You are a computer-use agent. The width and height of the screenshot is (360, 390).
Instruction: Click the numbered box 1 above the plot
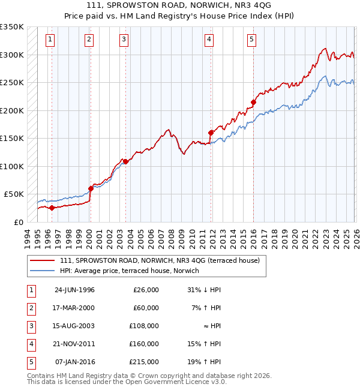(49, 40)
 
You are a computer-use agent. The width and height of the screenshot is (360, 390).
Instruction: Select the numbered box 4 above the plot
(209, 40)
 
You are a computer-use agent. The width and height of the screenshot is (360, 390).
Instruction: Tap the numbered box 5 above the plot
(251, 40)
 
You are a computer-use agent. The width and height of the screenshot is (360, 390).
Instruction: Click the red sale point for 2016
(253, 103)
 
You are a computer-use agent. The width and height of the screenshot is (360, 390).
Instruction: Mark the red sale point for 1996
(52, 208)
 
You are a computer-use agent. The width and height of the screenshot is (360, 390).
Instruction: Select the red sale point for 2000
(91, 188)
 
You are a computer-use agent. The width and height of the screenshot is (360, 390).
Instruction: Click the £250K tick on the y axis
(12, 83)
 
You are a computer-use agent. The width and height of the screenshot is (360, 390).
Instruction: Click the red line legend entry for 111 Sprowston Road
(159, 260)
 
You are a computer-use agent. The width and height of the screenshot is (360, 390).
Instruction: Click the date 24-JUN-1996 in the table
(74, 290)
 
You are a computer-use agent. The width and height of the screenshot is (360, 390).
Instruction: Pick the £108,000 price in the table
(145, 326)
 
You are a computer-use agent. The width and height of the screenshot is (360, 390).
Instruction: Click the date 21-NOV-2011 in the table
(74, 344)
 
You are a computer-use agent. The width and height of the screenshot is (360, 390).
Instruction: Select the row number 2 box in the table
(31, 308)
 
